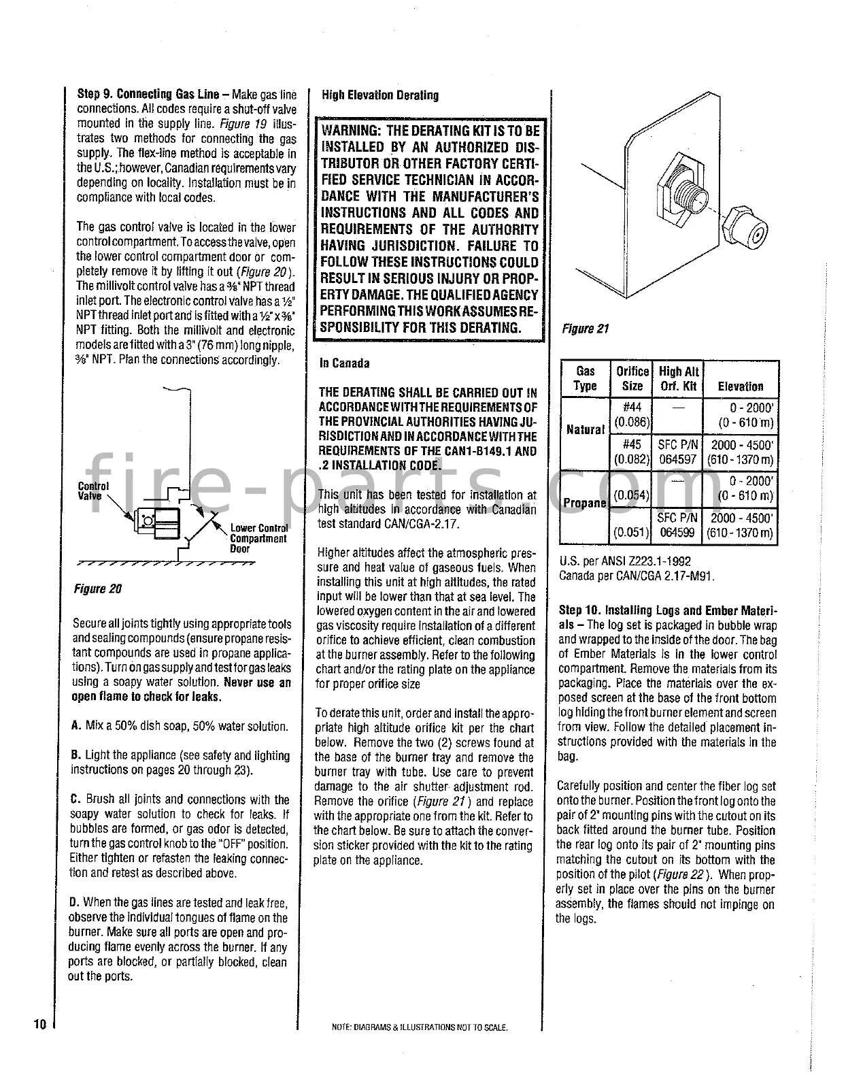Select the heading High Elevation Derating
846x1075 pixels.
pyautogui.click(x=380, y=95)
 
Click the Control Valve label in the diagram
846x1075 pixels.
pyautogui.click(x=93, y=491)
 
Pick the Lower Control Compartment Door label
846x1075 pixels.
pyautogui.click(x=258, y=538)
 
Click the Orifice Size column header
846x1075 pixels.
pyautogui.click(x=632, y=378)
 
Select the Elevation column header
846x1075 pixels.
pyautogui.click(x=740, y=386)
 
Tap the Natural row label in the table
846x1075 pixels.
pyautogui.click(x=585, y=429)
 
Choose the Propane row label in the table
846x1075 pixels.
pyautogui.click(x=585, y=503)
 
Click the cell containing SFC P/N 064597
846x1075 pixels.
pyautogui.click(x=677, y=452)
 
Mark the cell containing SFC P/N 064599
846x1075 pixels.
pyautogui.click(x=677, y=525)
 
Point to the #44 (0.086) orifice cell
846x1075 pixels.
pyautogui.click(x=632, y=414)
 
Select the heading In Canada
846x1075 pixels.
pyautogui.click(x=345, y=363)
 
